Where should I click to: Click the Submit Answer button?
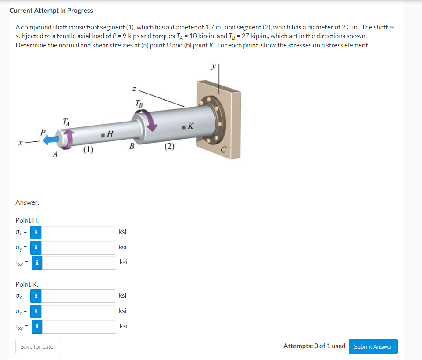[373, 346]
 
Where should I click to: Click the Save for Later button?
[38, 346]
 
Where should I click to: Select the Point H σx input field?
[79, 232]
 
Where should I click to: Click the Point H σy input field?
[79, 248]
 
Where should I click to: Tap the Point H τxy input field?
[79, 263]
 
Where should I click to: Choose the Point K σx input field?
[79, 296]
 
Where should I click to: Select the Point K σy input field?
[79, 311]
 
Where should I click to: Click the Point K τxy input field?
[79, 327]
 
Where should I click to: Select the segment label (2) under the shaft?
[170, 147]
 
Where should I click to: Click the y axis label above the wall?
[214, 65]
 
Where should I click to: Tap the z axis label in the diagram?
[135, 89]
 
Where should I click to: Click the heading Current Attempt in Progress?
[51, 10]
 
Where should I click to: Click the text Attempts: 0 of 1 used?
[314, 346]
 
